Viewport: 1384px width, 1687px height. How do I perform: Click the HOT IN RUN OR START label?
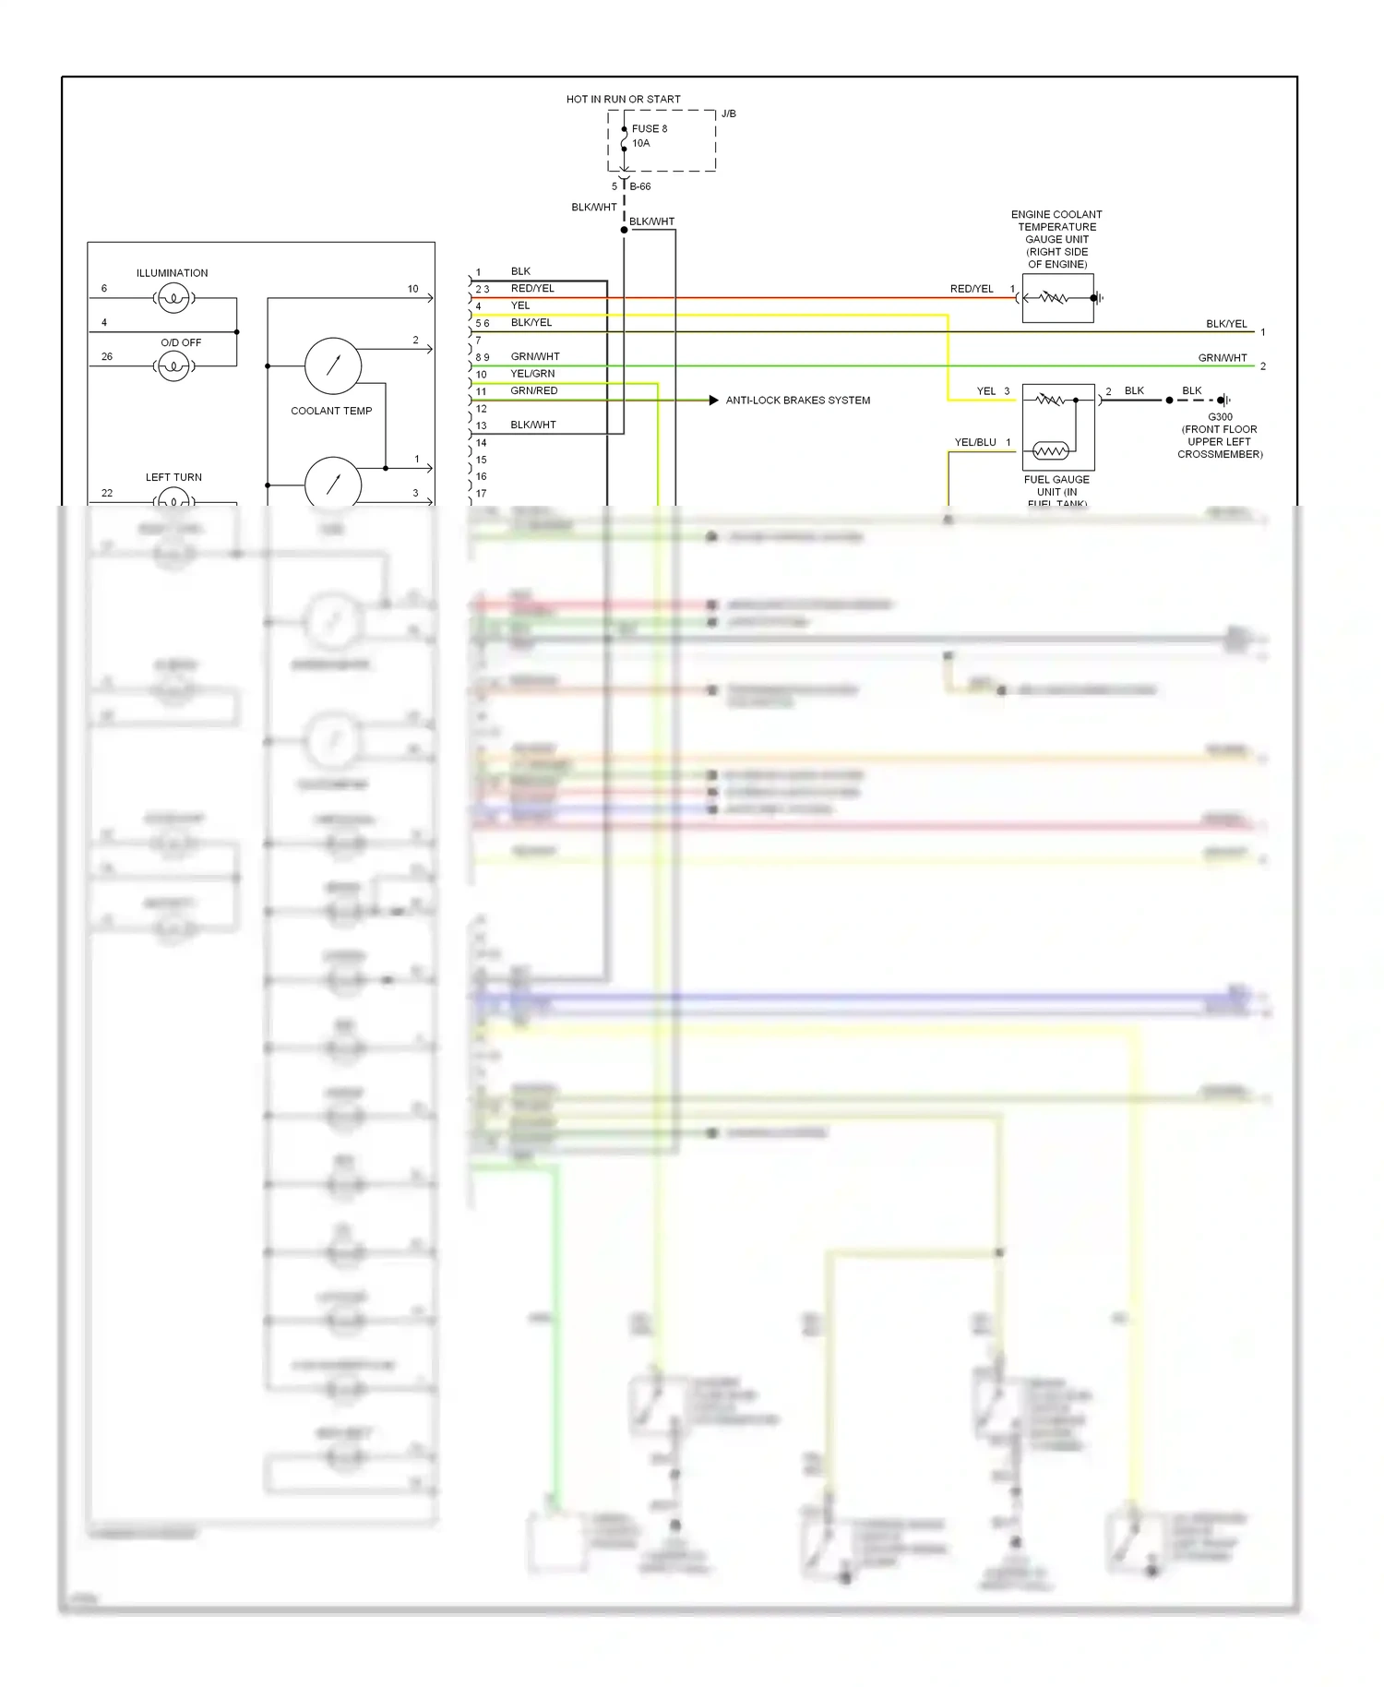[x=623, y=99]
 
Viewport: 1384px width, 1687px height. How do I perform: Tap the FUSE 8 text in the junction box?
[x=649, y=128]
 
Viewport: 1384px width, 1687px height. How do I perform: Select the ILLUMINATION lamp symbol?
[x=173, y=298]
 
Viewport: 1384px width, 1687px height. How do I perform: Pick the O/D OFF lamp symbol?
[x=173, y=366]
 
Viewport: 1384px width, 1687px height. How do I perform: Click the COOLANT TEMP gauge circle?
[x=333, y=366]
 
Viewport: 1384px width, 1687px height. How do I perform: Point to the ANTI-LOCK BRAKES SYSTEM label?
[x=797, y=401]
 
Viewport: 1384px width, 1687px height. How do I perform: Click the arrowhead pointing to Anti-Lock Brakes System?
[x=713, y=401]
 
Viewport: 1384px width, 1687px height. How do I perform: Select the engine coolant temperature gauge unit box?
[x=1057, y=298]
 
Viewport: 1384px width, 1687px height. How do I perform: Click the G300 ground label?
[x=1220, y=417]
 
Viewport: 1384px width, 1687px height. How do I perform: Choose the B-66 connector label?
[x=640, y=186]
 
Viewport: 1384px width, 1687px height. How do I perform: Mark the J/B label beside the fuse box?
[x=729, y=114]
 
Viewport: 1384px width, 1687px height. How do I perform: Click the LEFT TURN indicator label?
[x=173, y=477]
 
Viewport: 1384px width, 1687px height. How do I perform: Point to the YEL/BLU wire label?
[x=974, y=442]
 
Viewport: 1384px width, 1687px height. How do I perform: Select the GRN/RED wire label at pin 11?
[x=533, y=390]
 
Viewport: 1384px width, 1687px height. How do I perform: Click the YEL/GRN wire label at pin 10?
[x=532, y=374]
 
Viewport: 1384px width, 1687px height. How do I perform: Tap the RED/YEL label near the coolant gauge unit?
[x=972, y=289]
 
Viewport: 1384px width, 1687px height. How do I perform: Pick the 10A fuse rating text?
[x=641, y=143]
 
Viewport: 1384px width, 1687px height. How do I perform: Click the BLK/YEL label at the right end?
[x=1226, y=324]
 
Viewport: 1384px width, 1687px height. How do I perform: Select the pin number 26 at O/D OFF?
[x=107, y=356]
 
